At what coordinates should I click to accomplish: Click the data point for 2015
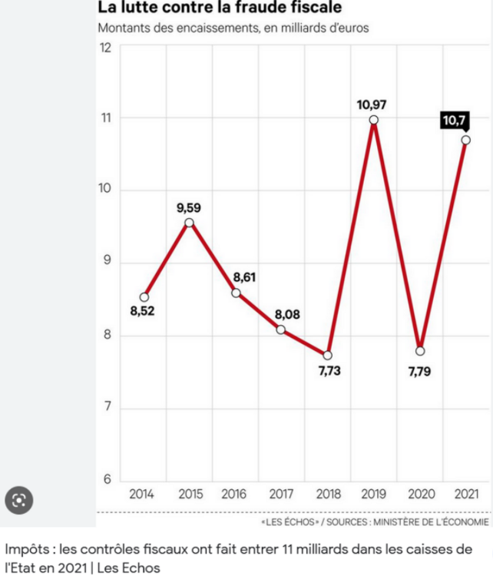click(x=189, y=223)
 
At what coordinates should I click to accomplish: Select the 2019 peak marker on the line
click(x=373, y=120)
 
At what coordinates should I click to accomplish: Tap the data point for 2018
click(x=328, y=355)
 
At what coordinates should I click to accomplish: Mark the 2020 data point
click(x=419, y=351)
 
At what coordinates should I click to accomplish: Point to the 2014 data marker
click(x=144, y=297)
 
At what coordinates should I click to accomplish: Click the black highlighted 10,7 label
click(x=454, y=121)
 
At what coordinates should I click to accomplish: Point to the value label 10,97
click(x=373, y=103)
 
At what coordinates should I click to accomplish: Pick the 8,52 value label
click(x=143, y=313)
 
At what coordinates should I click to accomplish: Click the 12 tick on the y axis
click(x=105, y=48)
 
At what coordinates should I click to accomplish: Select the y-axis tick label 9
click(x=108, y=262)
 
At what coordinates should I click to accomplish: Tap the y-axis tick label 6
click(x=108, y=480)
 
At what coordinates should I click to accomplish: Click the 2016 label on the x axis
click(x=234, y=494)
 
